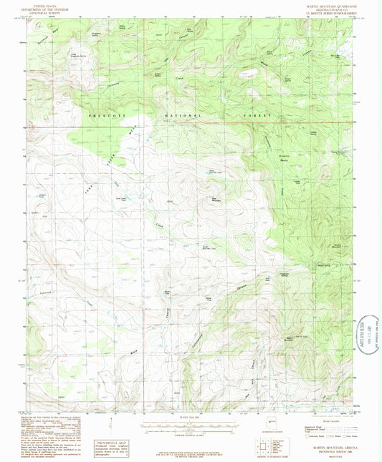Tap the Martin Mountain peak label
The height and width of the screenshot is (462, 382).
coord(290,338)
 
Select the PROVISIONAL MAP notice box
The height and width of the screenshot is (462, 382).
coord(112,447)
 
